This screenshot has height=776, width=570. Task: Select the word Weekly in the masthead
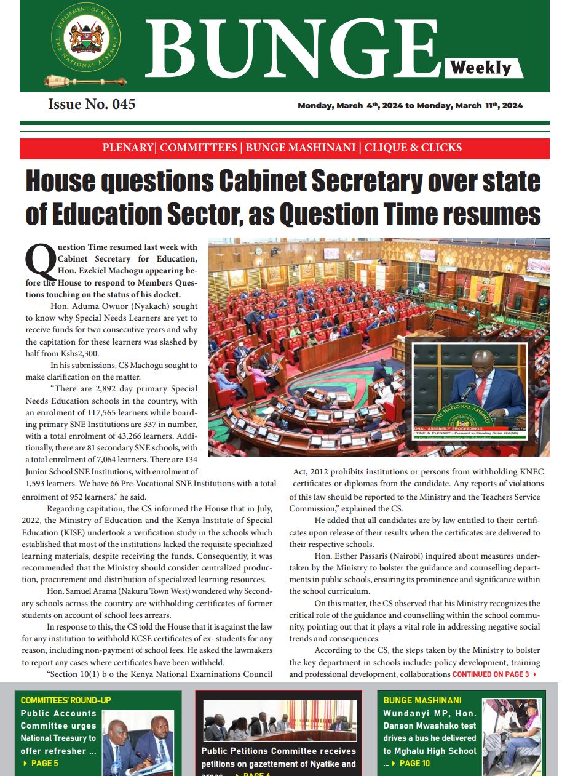(481, 67)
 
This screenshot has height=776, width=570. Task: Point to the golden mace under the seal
(85, 81)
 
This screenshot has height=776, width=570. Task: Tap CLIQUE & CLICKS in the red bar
(413, 148)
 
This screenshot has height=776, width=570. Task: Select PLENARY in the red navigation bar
(127, 148)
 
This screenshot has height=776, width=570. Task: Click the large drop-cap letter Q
(39, 261)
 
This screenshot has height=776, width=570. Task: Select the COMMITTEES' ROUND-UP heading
(66, 700)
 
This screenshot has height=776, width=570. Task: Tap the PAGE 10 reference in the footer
(414, 764)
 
